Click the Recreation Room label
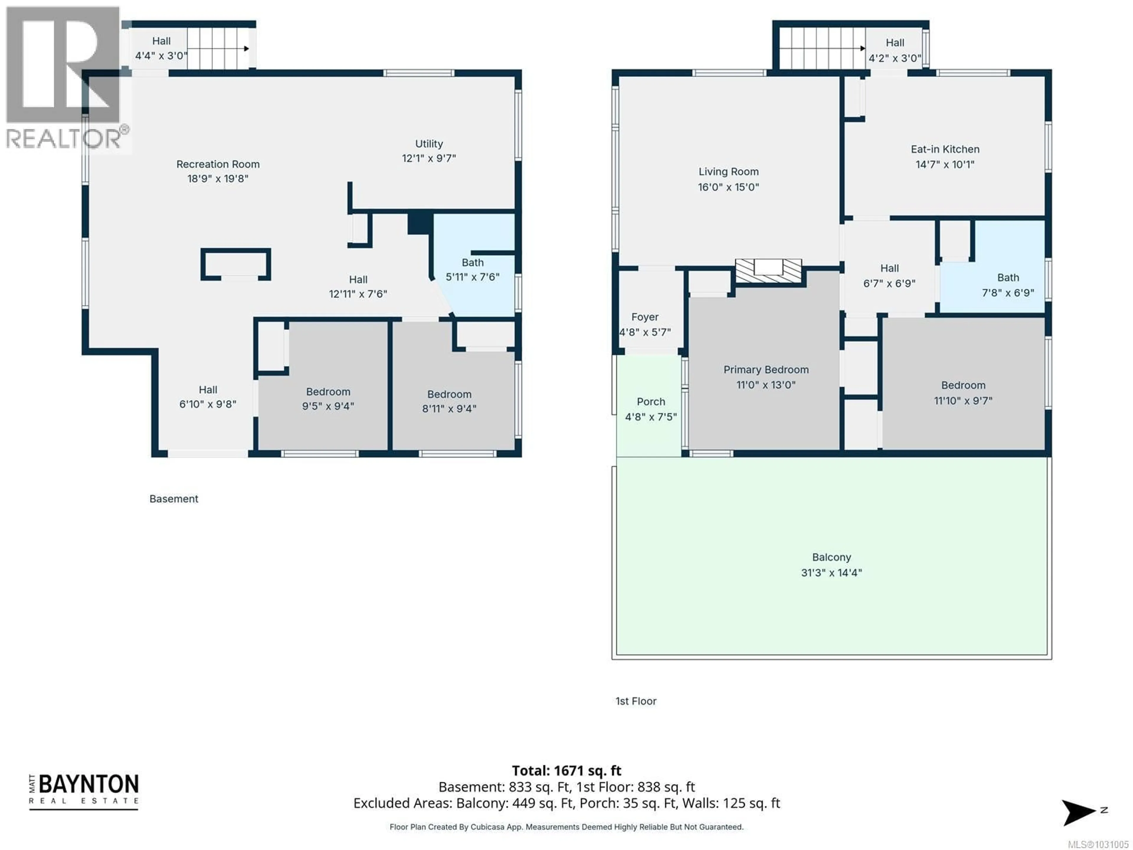218,164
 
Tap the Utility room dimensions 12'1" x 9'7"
429,158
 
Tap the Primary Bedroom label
766,370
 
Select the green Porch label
651,402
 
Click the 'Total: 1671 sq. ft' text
566,771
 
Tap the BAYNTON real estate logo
84,791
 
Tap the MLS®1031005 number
1098,844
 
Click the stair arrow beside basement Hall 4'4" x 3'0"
246,49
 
